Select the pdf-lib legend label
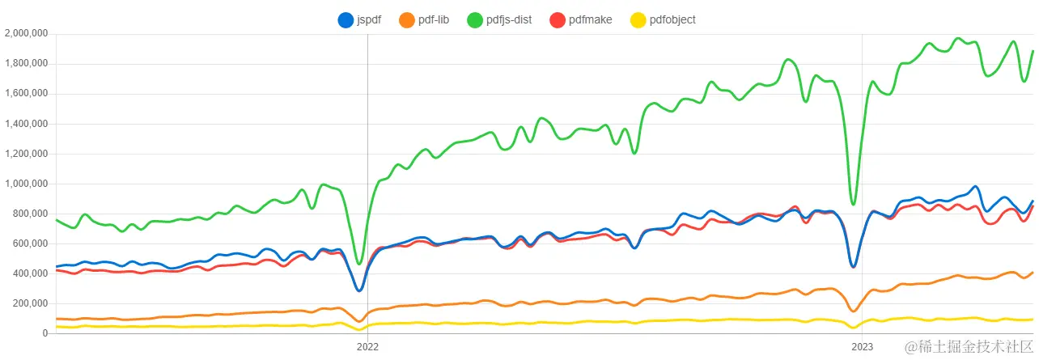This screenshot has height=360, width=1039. (x=433, y=19)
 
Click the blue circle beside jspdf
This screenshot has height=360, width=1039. (x=346, y=19)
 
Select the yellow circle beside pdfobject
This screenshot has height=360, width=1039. (x=638, y=19)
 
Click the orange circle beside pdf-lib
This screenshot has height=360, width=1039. (x=407, y=19)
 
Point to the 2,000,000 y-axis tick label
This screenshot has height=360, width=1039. (x=27, y=34)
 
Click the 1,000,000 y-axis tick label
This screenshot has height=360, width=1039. (x=27, y=184)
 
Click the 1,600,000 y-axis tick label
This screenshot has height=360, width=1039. (x=27, y=94)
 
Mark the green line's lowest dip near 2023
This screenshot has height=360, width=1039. (x=853, y=204)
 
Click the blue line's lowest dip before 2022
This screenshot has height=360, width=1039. (x=359, y=290)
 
